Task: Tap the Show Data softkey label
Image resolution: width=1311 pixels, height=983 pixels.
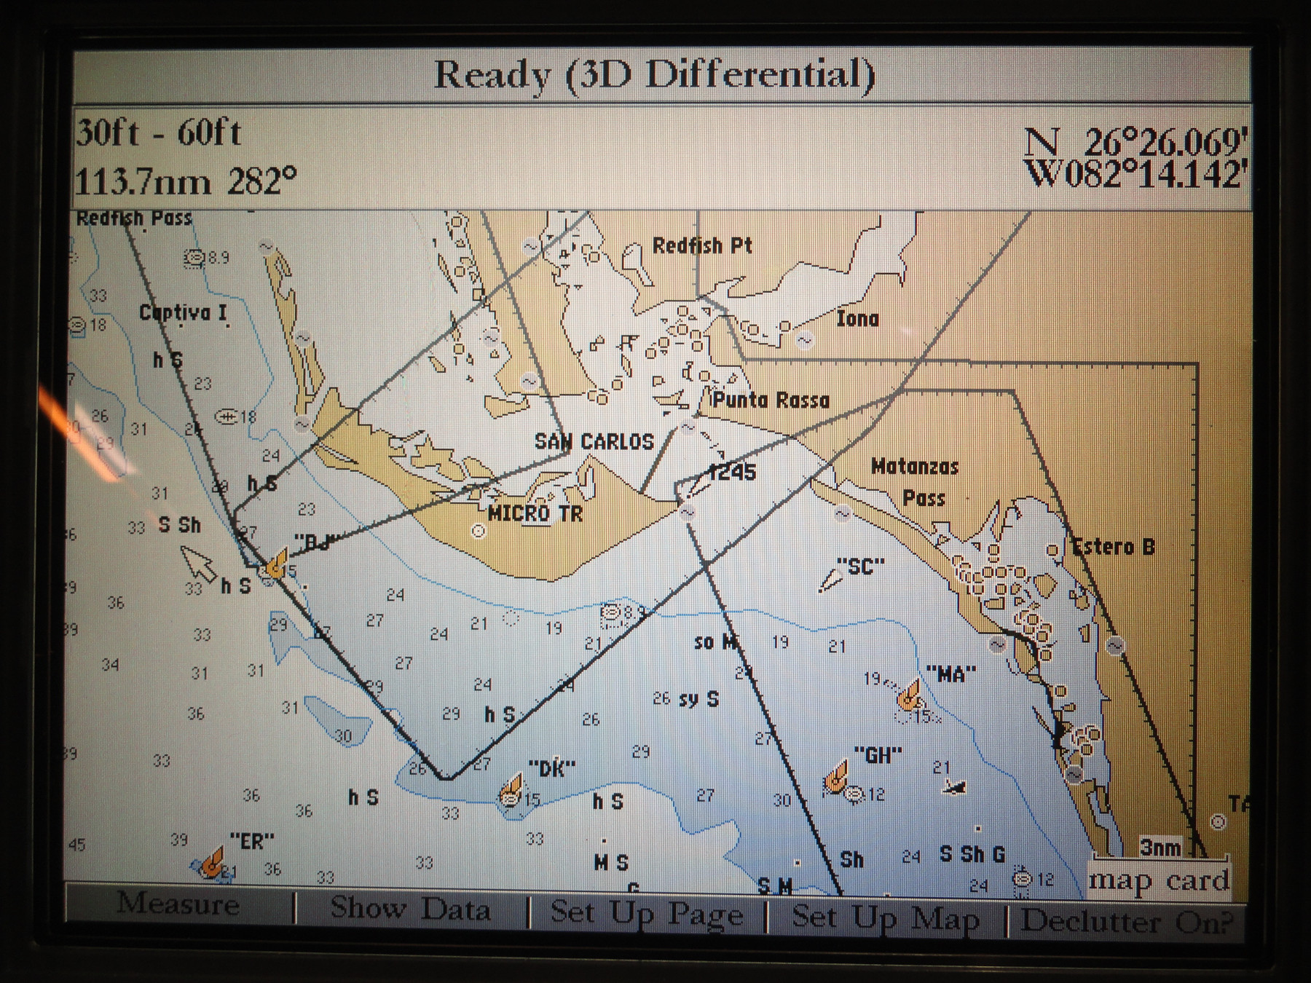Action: tap(410, 908)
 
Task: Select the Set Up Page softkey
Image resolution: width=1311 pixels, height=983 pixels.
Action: tap(646, 913)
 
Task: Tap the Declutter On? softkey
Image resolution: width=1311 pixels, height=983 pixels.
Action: tap(1126, 921)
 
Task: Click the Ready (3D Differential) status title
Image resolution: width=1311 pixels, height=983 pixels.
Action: tap(654, 75)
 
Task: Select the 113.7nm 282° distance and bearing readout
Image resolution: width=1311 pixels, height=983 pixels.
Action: tap(186, 181)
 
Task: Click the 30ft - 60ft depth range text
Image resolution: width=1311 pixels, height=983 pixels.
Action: tap(158, 133)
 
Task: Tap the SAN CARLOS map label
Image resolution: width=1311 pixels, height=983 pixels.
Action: tap(594, 441)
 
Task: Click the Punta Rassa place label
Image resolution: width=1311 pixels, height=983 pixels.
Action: tap(771, 400)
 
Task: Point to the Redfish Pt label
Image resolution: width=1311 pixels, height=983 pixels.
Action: tap(701, 245)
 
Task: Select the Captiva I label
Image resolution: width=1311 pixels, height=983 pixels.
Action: tap(183, 313)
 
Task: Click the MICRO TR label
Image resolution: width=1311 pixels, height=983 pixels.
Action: tap(535, 513)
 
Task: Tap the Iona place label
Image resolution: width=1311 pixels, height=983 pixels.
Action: tap(857, 318)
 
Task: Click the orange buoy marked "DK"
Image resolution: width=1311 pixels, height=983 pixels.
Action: tap(512, 787)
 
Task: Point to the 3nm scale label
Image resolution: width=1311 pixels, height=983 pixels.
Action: tap(1160, 848)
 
